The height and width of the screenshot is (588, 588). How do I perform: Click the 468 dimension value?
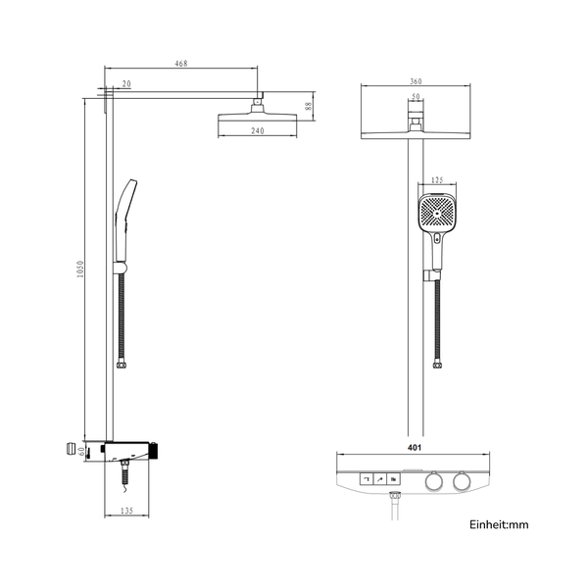click(x=181, y=64)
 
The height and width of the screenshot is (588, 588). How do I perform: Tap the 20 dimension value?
click(x=126, y=83)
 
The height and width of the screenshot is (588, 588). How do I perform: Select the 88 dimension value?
click(x=309, y=106)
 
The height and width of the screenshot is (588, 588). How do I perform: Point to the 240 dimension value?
click(x=258, y=130)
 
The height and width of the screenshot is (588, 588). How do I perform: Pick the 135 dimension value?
click(x=126, y=511)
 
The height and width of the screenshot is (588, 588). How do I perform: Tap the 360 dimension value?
click(x=416, y=81)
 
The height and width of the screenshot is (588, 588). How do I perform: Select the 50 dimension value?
click(x=416, y=96)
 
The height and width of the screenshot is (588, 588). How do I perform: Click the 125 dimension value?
click(x=437, y=180)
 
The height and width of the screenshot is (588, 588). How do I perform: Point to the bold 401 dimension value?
click(x=415, y=448)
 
